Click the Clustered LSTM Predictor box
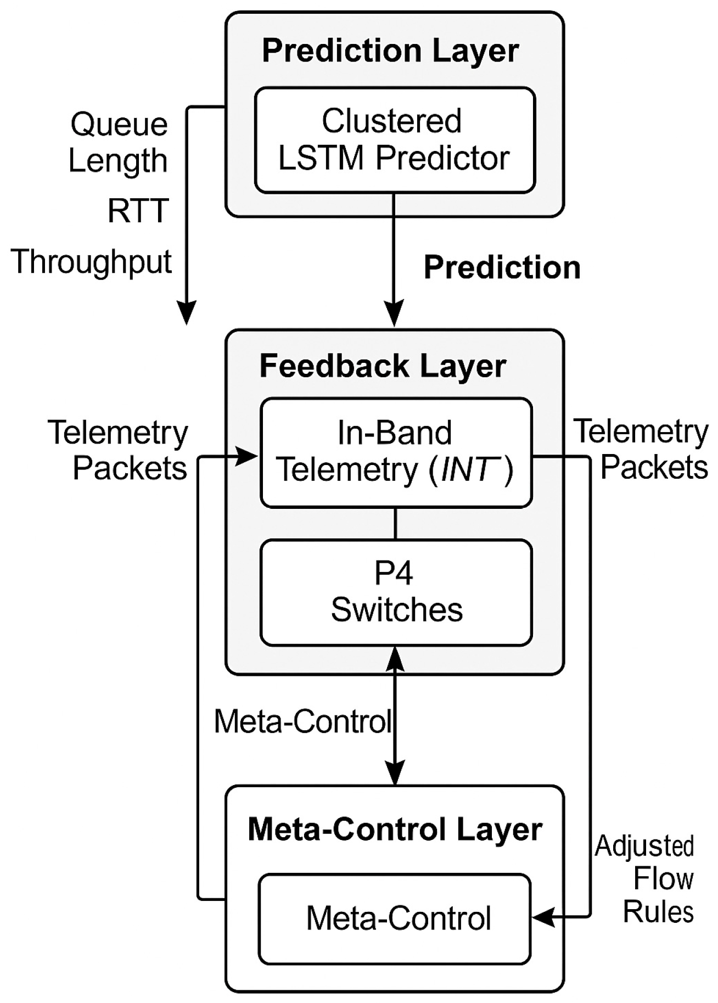point(395,140)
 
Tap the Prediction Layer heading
point(390,51)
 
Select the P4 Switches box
point(396,592)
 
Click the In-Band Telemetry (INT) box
point(396,452)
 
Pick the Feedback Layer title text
point(383,366)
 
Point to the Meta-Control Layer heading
point(395,829)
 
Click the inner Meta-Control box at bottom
point(395,918)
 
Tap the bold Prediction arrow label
point(502,268)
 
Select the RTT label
point(138,211)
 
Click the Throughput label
point(91,261)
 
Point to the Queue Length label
point(118,142)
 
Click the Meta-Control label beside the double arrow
point(303,721)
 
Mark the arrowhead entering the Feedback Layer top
point(394,315)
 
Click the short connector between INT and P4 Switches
point(396,523)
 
